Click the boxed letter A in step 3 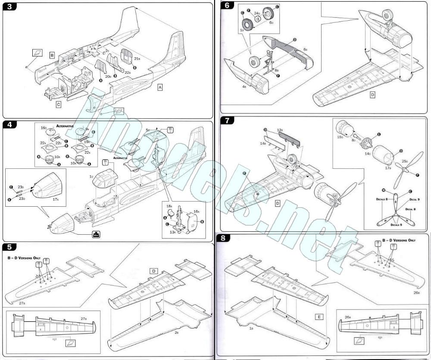click(160, 87)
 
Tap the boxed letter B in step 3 click(52, 55)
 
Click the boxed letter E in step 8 click(319, 317)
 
